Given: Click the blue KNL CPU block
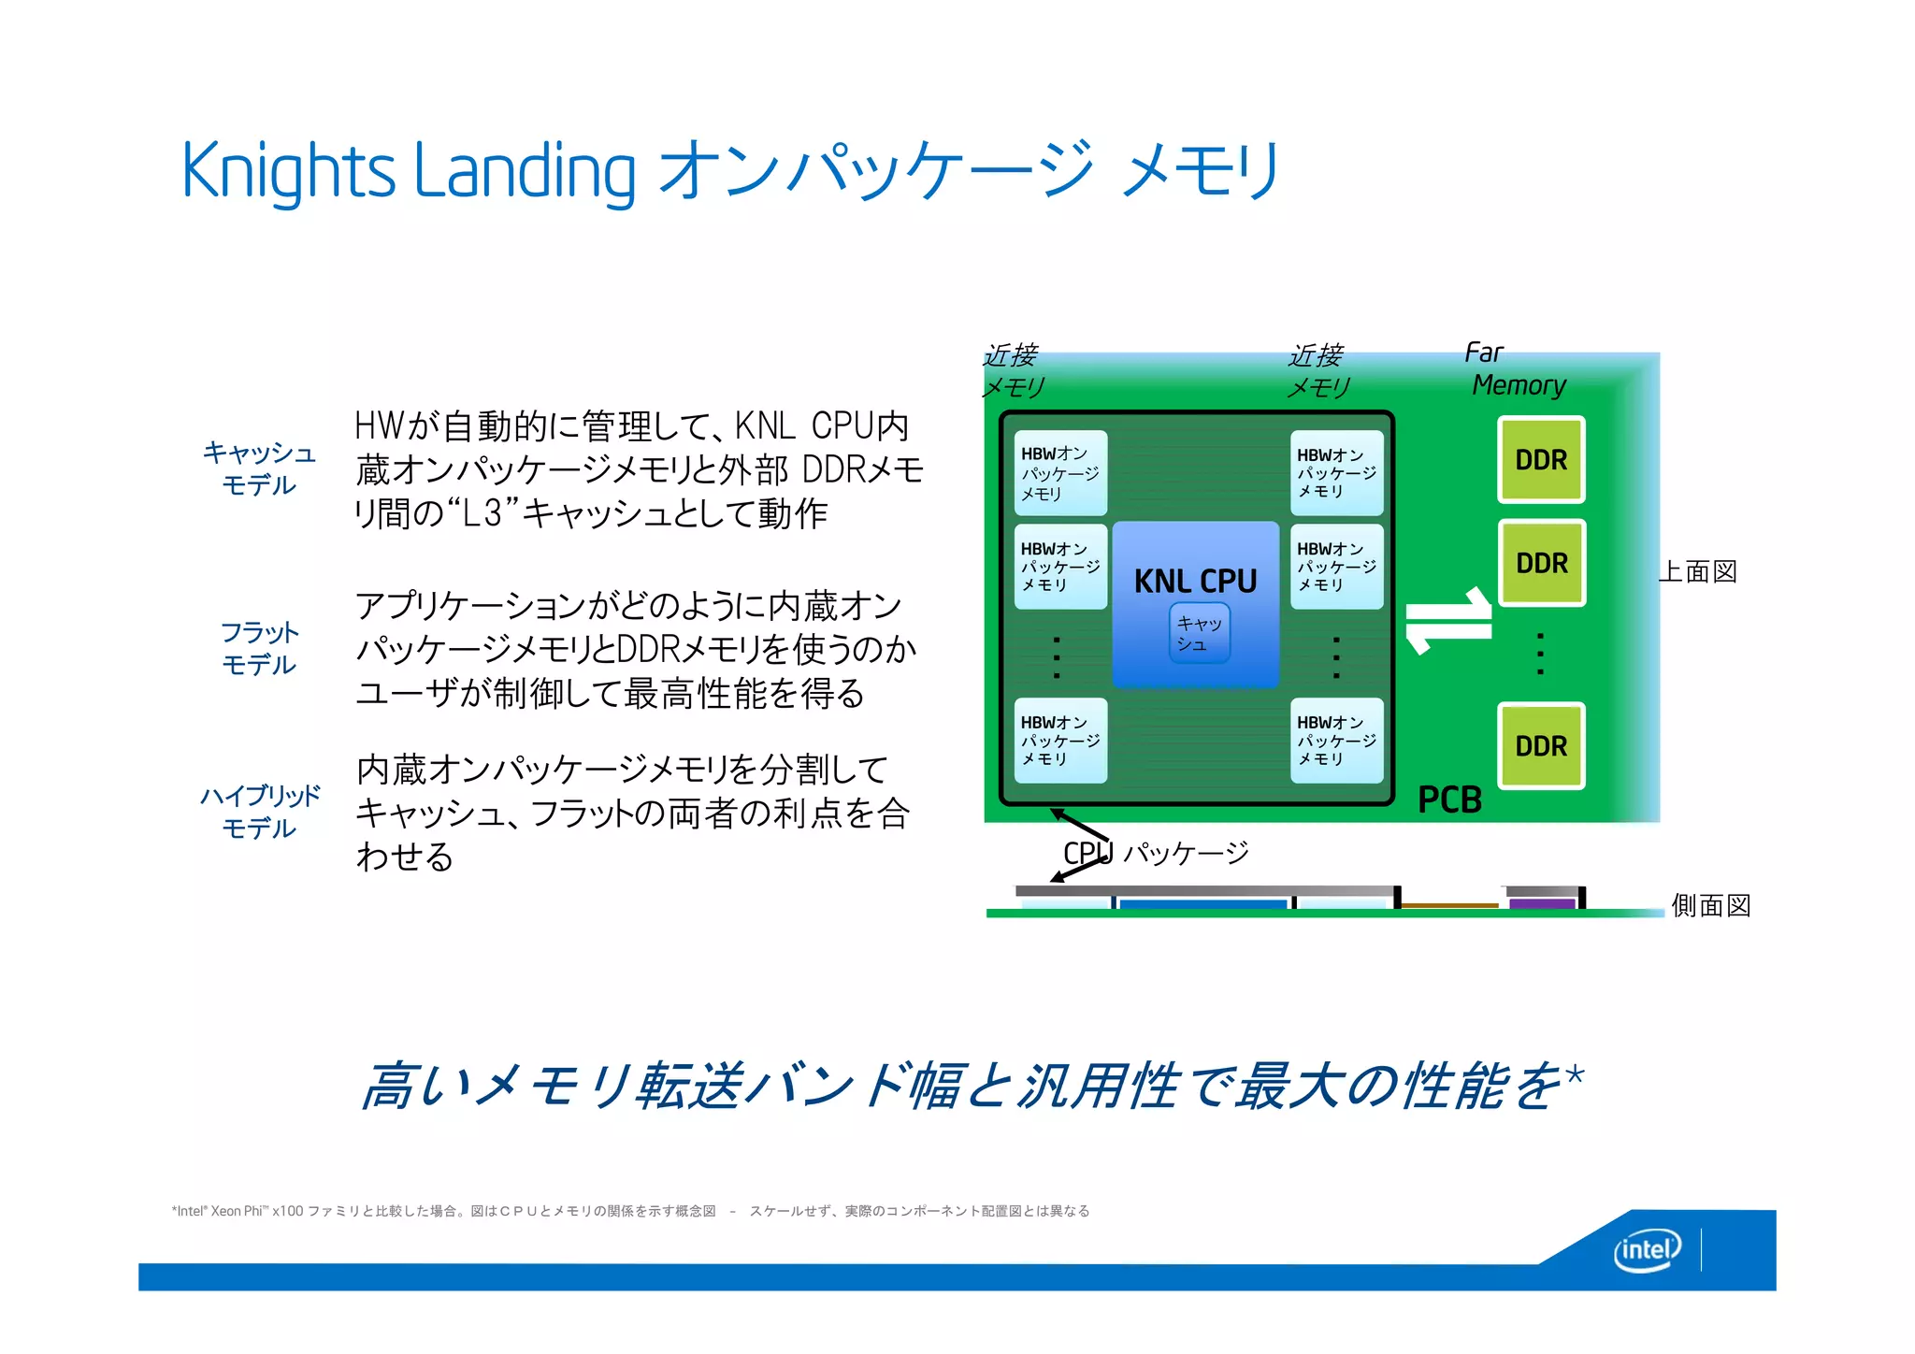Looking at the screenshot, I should (x=1195, y=580).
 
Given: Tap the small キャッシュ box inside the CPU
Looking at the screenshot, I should (x=1199, y=633).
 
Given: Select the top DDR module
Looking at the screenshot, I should (x=1541, y=460).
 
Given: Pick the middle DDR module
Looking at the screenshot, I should (x=1541, y=563).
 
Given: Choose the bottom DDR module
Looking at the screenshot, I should (x=1541, y=746).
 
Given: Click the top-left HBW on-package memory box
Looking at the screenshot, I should (x=1060, y=473).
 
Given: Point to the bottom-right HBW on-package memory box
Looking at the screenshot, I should (x=1336, y=741).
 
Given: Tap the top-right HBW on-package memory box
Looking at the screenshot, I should (x=1336, y=473).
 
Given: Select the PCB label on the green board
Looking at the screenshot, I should (x=1449, y=800).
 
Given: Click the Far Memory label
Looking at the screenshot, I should (x=1515, y=369).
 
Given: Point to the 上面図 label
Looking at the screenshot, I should (x=1698, y=571).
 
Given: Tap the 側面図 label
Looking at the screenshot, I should (x=1710, y=905).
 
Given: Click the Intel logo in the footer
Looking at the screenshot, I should (x=1647, y=1250).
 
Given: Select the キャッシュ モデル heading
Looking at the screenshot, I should (x=259, y=468).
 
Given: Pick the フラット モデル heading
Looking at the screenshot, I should (x=259, y=648).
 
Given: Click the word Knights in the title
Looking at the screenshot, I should (x=289, y=171).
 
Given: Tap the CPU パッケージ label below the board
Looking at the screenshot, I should (x=1156, y=853).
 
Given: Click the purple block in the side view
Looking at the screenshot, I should (x=1542, y=903).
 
